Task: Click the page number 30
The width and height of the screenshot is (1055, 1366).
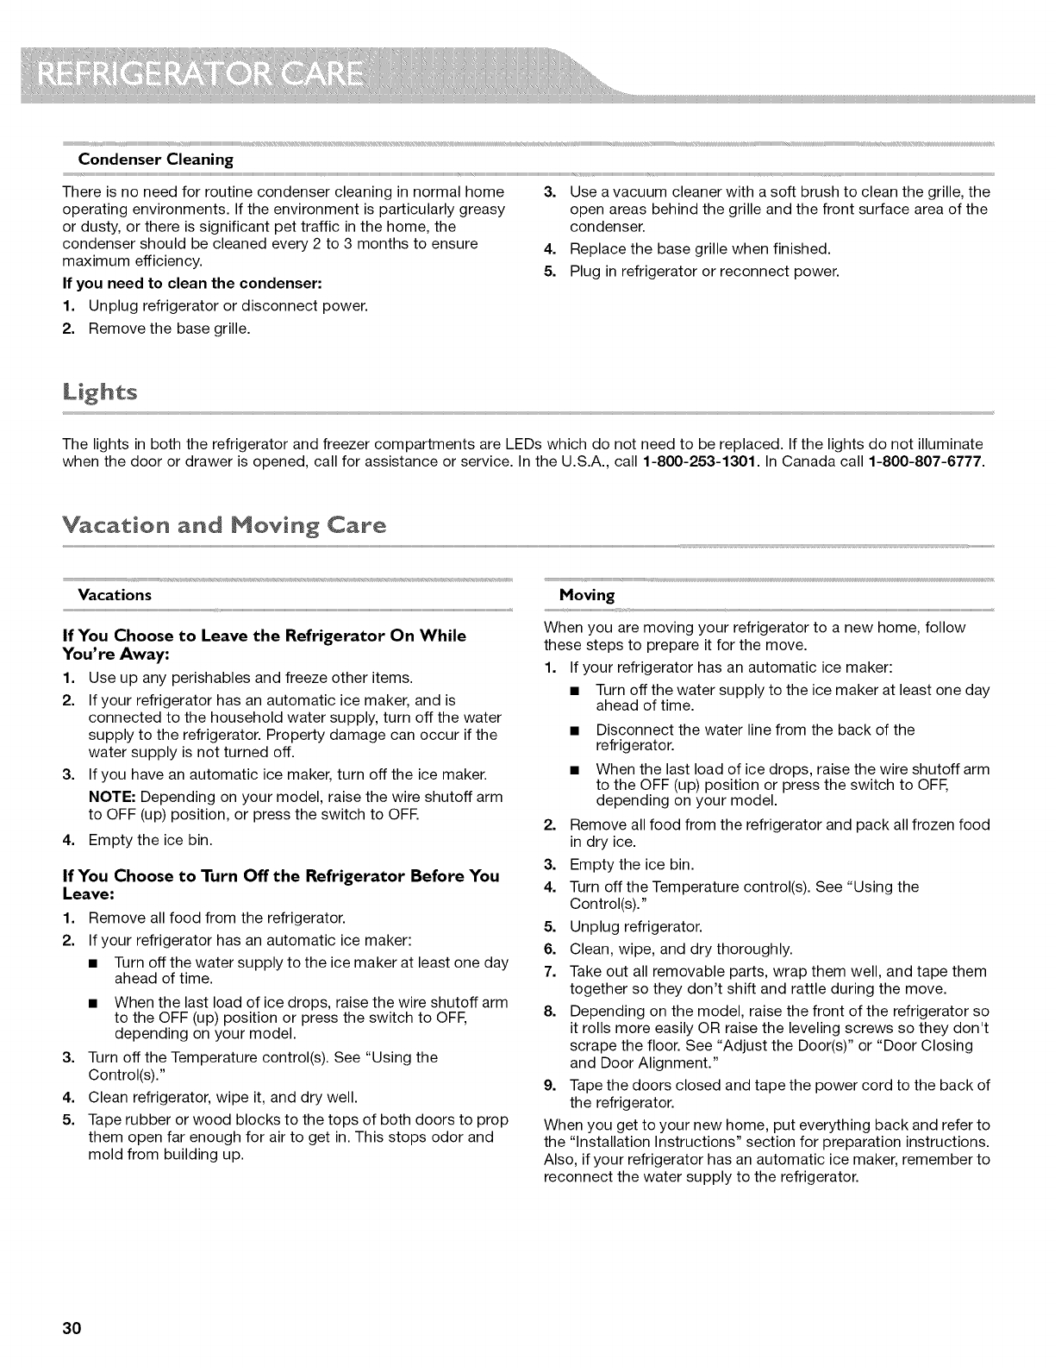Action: (71, 1328)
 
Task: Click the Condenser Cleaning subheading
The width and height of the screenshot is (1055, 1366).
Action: (156, 160)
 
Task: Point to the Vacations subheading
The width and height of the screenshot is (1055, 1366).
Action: (115, 595)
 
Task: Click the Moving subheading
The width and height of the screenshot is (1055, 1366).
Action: (587, 595)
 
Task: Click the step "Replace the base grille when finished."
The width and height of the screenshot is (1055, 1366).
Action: (700, 249)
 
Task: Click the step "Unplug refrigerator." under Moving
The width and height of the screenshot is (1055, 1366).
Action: (636, 928)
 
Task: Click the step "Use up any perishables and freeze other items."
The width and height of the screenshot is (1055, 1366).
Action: (239, 677)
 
